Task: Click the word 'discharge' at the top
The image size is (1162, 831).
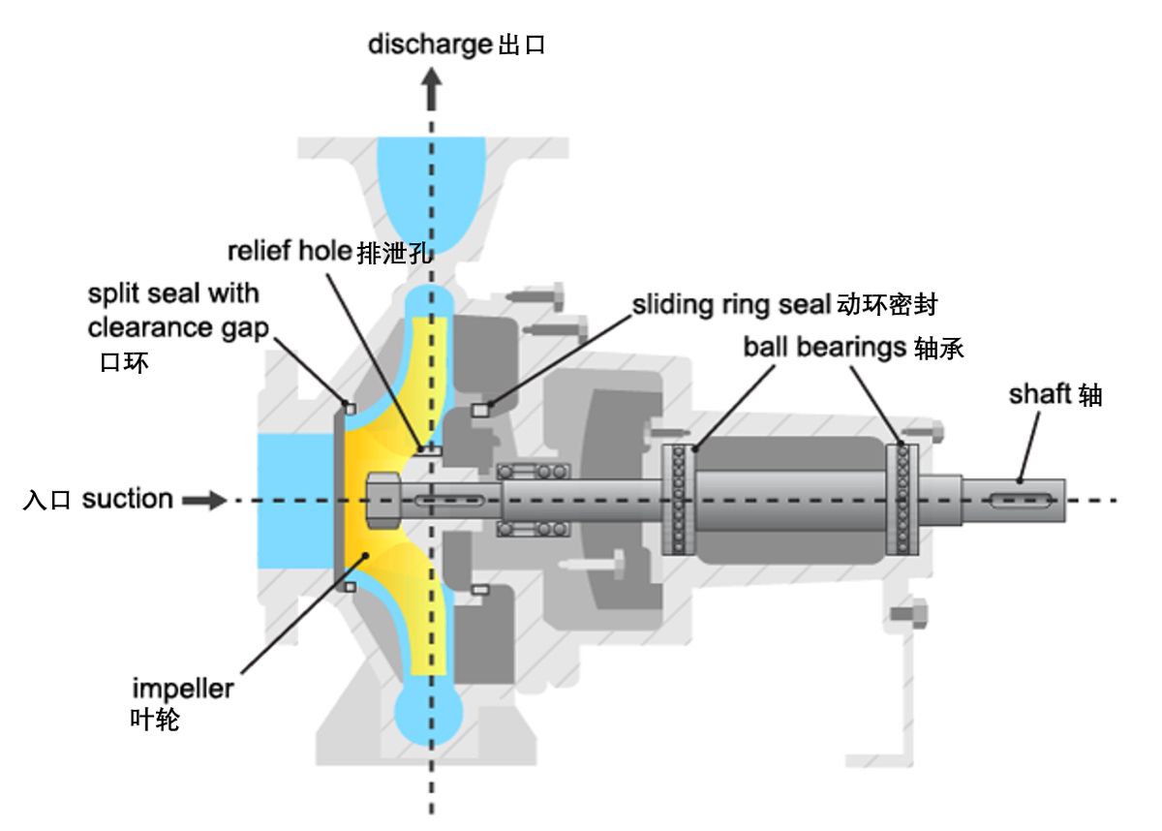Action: coord(430,45)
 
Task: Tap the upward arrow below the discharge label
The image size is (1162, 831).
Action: coord(432,94)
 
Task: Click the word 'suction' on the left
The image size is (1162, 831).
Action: coord(127,500)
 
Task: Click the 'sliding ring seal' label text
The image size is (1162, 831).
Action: coord(730,304)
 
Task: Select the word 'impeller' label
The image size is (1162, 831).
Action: coord(183,690)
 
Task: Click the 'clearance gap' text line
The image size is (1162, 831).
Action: coord(178,328)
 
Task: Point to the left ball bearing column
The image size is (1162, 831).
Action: coord(678,500)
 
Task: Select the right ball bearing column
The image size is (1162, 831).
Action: coord(903,500)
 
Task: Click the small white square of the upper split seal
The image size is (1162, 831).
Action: coord(350,407)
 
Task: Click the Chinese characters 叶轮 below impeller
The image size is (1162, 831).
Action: coord(155,721)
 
